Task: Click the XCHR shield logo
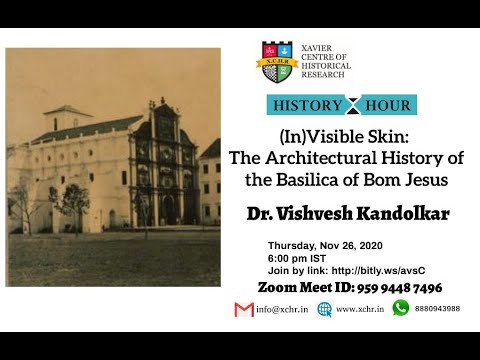tap(276, 61)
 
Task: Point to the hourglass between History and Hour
tap(346, 105)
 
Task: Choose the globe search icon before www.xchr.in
tap(324, 309)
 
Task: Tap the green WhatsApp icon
tap(401, 308)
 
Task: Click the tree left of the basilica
tap(74, 200)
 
